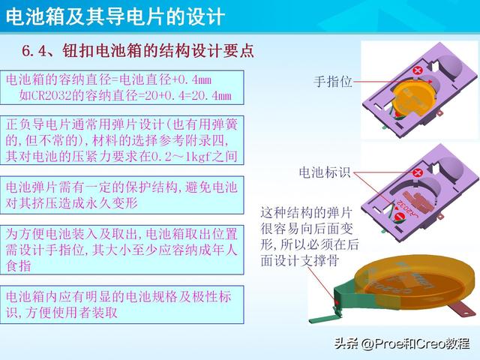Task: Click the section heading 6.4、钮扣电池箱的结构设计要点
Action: (x=138, y=51)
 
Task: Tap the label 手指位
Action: (x=332, y=80)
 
